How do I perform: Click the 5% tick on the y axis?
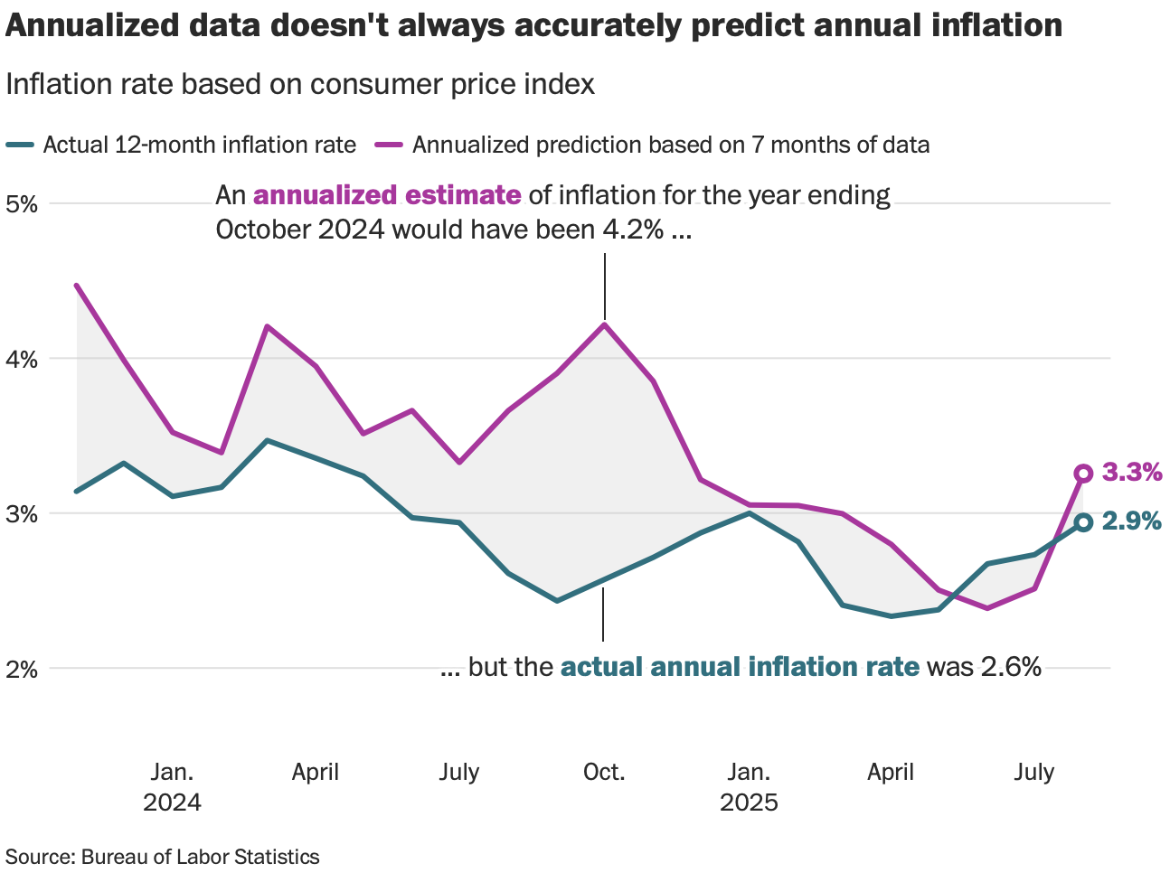point(22,203)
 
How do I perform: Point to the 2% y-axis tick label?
point(22,670)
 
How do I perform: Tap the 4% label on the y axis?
point(22,359)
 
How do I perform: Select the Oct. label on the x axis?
point(604,773)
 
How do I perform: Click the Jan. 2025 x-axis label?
point(749,787)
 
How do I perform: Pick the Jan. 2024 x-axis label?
point(172,787)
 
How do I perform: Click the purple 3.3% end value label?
point(1131,472)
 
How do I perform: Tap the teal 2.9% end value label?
point(1131,521)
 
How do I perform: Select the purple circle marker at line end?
point(1083,474)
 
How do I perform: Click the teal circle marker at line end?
point(1083,522)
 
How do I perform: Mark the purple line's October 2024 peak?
point(604,324)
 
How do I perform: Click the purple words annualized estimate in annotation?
point(387,195)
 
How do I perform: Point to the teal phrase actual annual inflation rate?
point(740,667)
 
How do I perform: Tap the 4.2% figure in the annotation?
point(633,230)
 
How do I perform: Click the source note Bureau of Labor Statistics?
point(163,857)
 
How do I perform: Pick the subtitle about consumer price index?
point(300,84)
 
